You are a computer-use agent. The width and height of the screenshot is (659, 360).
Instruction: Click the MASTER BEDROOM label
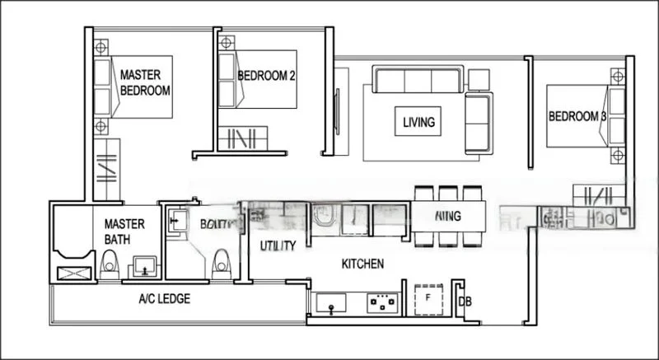click(145, 82)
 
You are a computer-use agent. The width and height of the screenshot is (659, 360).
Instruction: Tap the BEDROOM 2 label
click(266, 77)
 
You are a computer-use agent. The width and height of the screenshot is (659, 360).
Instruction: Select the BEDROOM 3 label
click(577, 117)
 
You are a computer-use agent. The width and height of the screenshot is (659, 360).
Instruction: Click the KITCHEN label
click(362, 264)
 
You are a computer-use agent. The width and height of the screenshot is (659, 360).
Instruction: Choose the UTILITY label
click(278, 245)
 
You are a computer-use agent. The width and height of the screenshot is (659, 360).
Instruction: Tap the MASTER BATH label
click(124, 231)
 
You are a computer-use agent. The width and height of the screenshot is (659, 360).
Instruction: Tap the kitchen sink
click(332, 304)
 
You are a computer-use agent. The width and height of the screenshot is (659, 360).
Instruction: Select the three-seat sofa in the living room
click(417, 81)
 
